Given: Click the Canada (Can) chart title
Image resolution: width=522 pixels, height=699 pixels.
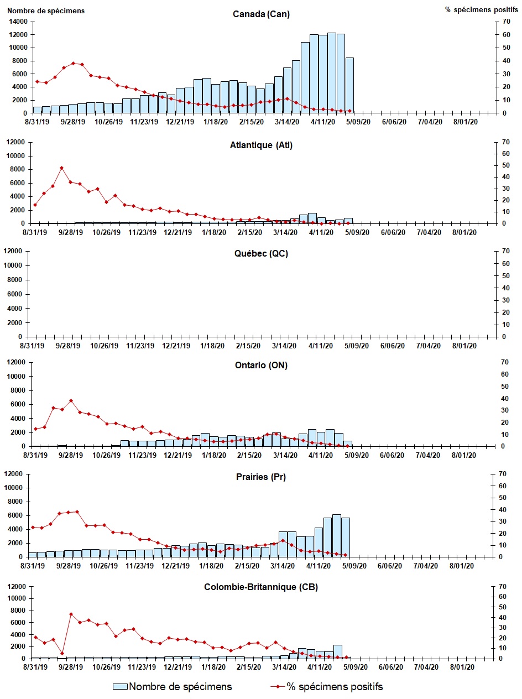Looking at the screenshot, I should pos(261,14).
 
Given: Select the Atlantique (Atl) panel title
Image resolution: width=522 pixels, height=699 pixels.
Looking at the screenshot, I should pos(261,145).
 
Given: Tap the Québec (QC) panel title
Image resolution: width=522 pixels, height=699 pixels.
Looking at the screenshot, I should pos(261,254).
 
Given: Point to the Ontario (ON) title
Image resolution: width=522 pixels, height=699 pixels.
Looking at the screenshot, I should pos(261,365).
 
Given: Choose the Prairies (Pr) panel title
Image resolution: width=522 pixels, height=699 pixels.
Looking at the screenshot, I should pos(261,477).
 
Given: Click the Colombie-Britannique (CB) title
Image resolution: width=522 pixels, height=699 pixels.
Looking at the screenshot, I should pos(261,587).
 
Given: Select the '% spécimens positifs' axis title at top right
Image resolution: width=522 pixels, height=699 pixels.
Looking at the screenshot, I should pos(479,11).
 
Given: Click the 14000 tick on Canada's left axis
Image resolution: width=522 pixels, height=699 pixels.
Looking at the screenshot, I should pos(18,22).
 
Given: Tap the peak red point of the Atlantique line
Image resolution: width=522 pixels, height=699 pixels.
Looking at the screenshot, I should pos(61,168).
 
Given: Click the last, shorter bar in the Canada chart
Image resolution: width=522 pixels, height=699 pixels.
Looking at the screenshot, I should pos(349,85).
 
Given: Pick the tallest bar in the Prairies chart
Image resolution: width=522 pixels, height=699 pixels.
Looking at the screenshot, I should pos(336,535).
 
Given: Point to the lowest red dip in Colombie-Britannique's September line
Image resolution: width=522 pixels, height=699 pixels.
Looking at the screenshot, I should pos(62,654).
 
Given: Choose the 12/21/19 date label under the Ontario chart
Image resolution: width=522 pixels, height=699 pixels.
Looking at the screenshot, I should pos(178,455).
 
